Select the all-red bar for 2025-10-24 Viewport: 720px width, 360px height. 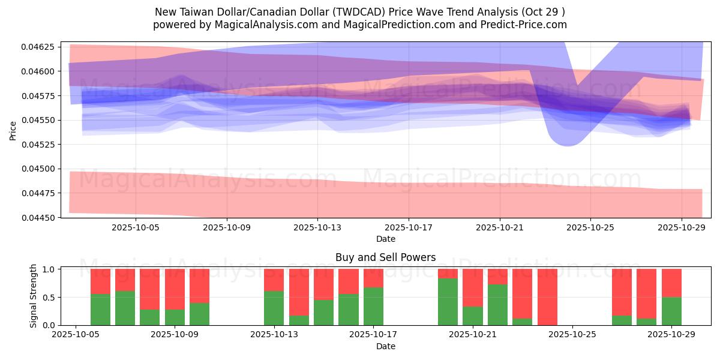(x=547, y=297)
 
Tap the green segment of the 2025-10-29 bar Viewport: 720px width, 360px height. (x=671, y=311)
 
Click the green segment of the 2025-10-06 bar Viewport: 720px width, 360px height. (x=100, y=310)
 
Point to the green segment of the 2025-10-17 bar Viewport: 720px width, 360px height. (x=373, y=306)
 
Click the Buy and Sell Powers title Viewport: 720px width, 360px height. (x=385, y=257)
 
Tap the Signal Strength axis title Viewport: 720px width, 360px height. (x=34, y=296)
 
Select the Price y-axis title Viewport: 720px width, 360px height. (x=13, y=130)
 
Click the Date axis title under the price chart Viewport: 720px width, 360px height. (x=385, y=239)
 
